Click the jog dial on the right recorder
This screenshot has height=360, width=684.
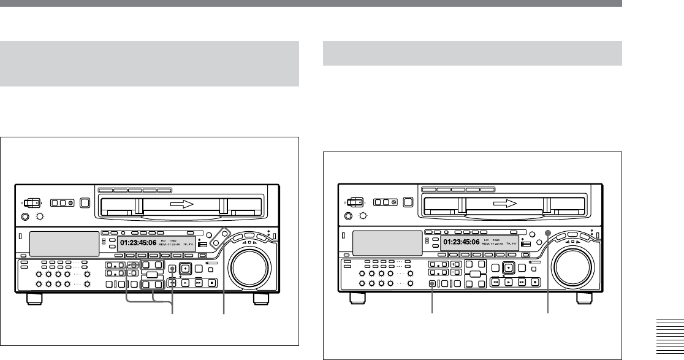click(572, 267)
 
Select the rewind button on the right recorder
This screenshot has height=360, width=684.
click(495, 283)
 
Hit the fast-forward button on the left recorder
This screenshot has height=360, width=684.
click(199, 283)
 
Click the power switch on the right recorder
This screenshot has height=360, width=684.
click(354, 202)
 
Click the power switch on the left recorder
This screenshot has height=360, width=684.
click(30, 202)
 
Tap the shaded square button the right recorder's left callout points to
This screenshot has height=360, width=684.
click(433, 283)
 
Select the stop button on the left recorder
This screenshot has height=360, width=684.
click(211, 283)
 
